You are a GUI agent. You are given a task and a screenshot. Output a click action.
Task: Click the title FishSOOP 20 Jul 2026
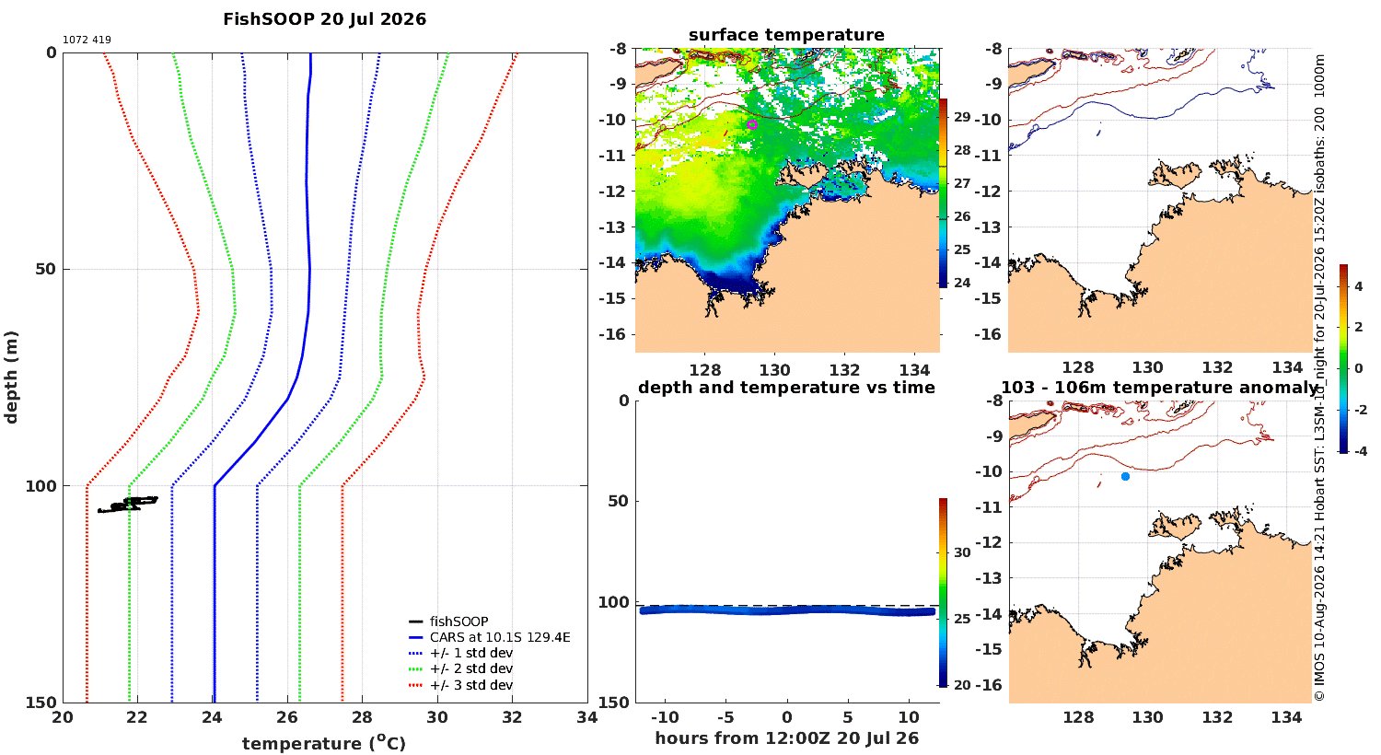pos(324,19)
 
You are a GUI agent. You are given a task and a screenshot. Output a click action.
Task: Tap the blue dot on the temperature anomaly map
pos(1125,476)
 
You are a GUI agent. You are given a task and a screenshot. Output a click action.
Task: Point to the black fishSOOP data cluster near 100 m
pos(128,505)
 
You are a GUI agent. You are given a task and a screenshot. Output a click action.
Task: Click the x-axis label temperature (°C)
pos(324,743)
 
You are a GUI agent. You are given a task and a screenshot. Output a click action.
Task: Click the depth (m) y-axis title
pos(11,377)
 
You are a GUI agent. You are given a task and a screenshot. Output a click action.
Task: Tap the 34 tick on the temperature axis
pos(587,717)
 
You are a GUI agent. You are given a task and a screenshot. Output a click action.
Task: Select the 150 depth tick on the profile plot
pos(41,702)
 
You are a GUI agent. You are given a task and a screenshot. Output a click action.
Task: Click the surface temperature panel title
pos(786,35)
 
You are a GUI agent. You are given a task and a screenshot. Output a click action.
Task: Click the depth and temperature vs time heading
pos(786,388)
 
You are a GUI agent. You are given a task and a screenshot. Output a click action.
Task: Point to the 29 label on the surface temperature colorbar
pos(962,117)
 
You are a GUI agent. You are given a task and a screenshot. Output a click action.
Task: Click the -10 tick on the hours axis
pos(665,717)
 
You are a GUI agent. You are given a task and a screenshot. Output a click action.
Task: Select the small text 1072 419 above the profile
pos(87,41)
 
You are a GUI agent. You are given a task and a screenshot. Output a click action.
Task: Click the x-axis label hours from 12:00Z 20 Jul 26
pos(786,738)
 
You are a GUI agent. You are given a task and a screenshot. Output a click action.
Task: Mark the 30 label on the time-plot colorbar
pos(962,552)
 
